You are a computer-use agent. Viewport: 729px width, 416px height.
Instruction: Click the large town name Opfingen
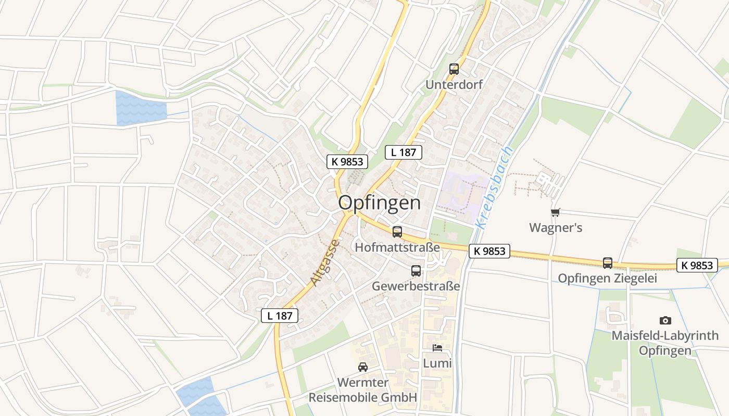[380, 203]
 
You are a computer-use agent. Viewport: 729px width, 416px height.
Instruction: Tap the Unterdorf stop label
[454, 84]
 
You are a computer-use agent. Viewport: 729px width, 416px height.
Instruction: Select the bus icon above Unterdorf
[454, 69]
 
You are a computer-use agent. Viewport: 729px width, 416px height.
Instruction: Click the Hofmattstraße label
[397, 247]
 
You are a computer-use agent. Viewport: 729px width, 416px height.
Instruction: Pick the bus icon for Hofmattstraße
[397, 232]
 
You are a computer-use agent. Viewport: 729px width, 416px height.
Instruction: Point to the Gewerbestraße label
[416, 286]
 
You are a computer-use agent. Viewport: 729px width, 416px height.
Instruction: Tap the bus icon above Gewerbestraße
[416, 271]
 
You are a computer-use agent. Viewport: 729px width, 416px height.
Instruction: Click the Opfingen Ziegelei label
[607, 278]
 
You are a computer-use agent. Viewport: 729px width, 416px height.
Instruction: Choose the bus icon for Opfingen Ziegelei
[608, 263]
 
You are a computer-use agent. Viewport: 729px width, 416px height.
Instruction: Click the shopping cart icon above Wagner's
[556, 212]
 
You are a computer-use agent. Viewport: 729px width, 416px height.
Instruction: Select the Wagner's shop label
[556, 228]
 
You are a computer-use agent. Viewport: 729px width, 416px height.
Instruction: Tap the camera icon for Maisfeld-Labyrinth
[665, 320]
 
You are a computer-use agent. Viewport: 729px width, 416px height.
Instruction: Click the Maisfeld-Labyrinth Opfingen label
[665, 343]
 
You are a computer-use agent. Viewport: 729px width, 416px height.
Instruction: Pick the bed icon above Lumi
[437, 347]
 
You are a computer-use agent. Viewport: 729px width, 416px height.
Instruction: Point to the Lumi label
[437, 363]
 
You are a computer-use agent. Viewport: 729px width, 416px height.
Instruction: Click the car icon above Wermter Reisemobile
[363, 367]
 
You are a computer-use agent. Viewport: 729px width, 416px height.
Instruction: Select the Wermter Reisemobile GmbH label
[363, 390]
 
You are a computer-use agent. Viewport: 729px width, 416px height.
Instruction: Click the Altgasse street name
[325, 263]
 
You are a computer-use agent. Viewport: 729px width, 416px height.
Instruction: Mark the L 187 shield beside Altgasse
[280, 315]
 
